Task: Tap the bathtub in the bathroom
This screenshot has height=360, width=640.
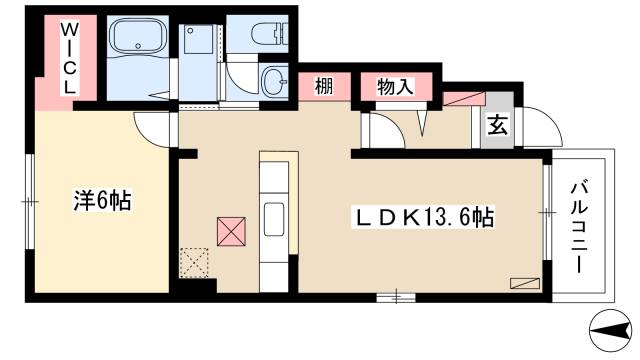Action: pos(138,40)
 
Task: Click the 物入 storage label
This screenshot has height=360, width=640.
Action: pos(396,87)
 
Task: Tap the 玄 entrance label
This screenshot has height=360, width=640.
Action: pos(497,124)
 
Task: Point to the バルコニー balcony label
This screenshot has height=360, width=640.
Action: pos(580,224)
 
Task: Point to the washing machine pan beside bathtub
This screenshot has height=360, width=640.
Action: pos(200,45)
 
